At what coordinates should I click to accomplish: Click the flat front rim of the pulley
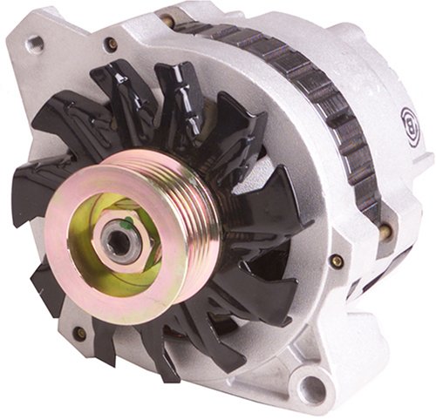70,261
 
